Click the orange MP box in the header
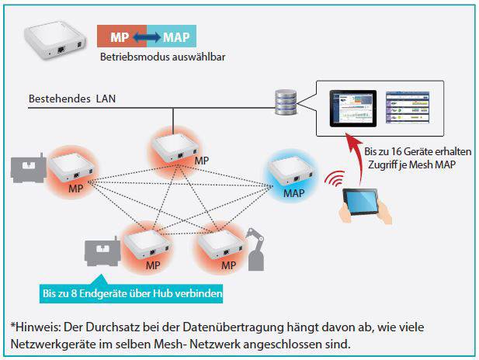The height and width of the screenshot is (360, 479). [x=122, y=36]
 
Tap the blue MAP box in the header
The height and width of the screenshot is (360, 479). [x=172, y=36]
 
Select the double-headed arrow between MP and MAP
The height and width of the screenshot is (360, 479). [x=147, y=37]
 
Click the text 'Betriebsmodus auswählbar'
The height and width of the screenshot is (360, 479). [x=162, y=57]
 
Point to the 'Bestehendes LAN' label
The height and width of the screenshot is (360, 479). [x=72, y=99]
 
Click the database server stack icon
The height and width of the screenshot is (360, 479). [x=286, y=102]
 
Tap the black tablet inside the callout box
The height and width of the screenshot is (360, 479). [x=352, y=109]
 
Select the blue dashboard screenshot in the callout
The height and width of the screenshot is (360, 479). [x=408, y=107]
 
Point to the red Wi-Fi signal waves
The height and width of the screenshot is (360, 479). [x=335, y=178]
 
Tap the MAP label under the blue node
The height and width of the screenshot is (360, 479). [x=294, y=193]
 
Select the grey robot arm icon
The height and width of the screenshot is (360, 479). [x=255, y=250]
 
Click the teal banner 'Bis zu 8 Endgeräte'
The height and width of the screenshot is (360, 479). [x=131, y=293]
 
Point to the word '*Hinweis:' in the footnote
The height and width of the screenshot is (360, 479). [x=36, y=327]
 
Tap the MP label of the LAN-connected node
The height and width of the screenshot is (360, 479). [x=202, y=161]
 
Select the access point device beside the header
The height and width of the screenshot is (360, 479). [x=55, y=40]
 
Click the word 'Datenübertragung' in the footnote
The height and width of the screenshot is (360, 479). [x=233, y=327]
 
